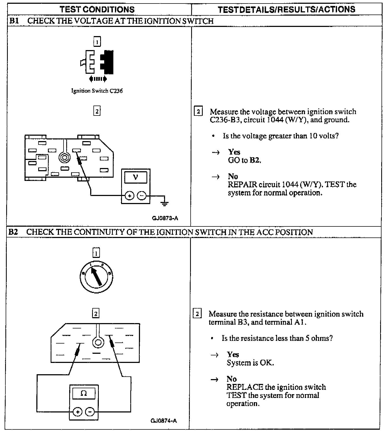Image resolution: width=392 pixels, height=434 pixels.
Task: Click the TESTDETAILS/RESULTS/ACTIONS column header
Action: (x=286, y=10)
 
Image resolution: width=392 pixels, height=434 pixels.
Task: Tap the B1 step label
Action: (x=14, y=21)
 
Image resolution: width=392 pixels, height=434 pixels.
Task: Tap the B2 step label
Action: (x=13, y=232)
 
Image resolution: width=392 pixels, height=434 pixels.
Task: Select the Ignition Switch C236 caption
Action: (x=97, y=91)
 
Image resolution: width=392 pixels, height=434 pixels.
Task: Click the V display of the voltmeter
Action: (x=136, y=177)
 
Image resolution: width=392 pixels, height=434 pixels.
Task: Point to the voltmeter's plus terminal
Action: (x=129, y=196)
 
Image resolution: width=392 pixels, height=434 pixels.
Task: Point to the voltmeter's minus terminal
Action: (x=142, y=196)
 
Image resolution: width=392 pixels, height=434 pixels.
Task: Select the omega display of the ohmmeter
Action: (x=84, y=393)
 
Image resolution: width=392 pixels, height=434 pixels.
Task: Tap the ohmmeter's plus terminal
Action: (x=78, y=412)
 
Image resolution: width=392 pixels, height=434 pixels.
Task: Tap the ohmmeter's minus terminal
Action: (x=90, y=412)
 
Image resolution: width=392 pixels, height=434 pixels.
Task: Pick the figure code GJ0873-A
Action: (x=165, y=218)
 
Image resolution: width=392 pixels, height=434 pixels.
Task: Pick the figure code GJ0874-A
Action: (x=164, y=421)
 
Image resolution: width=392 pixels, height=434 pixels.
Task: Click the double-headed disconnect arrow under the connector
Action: (x=98, y=79)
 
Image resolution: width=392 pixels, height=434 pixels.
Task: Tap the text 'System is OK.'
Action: (x=250, y=363)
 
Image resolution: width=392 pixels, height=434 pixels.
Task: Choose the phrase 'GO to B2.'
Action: (x=244, y=160)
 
